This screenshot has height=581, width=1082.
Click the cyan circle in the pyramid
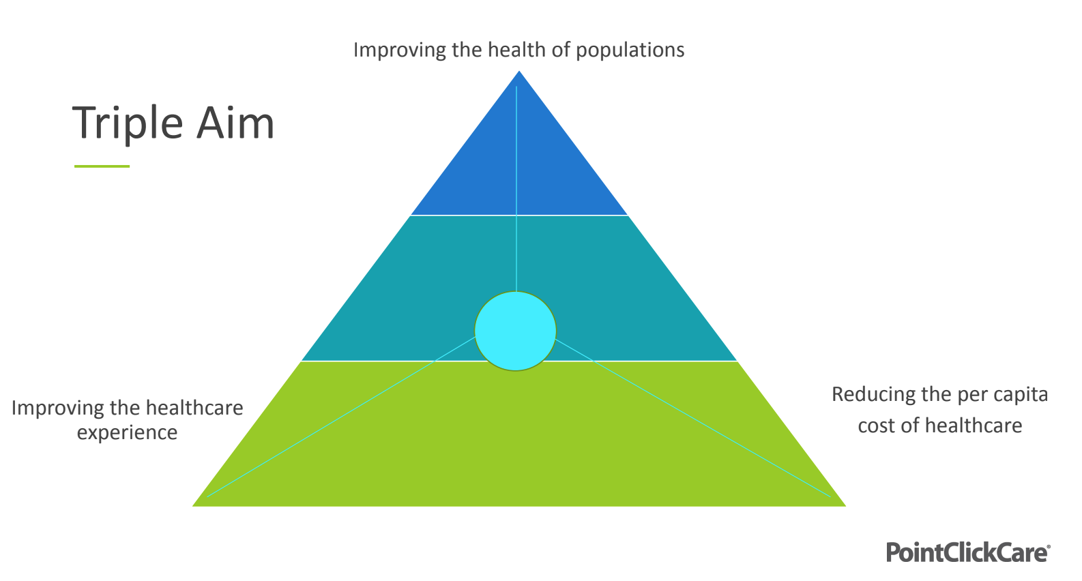click(515, 331)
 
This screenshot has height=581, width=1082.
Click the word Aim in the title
click(235, 123)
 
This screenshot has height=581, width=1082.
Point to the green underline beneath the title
click(102, 166)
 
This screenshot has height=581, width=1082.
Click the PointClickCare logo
click(967, 552)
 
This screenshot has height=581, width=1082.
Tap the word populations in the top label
click(630, 50)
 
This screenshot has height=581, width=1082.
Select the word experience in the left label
click(127, 432)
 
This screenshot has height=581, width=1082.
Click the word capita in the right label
click(1021, 395)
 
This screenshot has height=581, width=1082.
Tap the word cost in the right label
click(874, 426)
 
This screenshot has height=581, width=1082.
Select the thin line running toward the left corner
click(341, 416)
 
